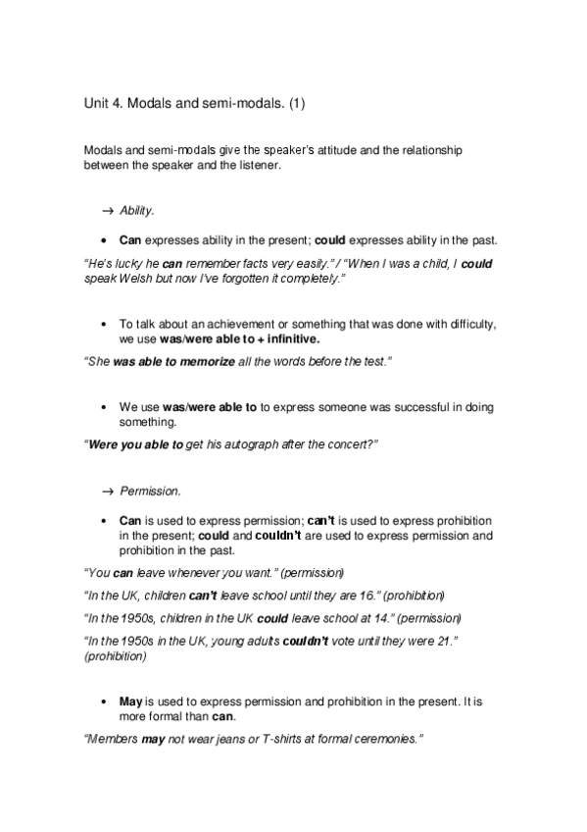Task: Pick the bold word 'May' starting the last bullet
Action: coord(130,702)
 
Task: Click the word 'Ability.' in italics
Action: coord(137,211)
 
